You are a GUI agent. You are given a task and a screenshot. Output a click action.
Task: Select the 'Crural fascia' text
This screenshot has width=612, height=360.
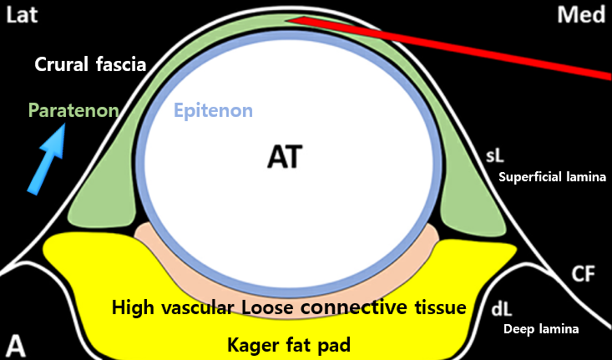(91, 64)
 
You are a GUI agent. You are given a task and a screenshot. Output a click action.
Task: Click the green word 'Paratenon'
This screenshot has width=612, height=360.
(73, 110)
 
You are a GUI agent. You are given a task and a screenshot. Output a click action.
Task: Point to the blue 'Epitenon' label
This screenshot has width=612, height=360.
(213, 110)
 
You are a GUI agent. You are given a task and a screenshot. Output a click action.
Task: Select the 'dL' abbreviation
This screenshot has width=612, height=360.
(501, 309)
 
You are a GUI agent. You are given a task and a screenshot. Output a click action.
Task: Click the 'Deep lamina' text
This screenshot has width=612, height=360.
(542, 329)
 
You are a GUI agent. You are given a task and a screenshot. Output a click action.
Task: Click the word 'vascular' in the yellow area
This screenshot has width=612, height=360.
(196, 308)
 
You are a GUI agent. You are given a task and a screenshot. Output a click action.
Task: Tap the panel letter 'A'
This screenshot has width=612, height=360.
(16, 344)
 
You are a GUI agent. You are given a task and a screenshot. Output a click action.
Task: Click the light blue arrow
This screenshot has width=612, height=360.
(48, 160)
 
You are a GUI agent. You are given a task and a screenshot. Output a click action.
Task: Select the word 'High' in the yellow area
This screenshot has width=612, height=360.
(132, 308)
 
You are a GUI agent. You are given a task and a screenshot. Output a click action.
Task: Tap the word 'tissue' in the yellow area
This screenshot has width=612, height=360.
(436, 308)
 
